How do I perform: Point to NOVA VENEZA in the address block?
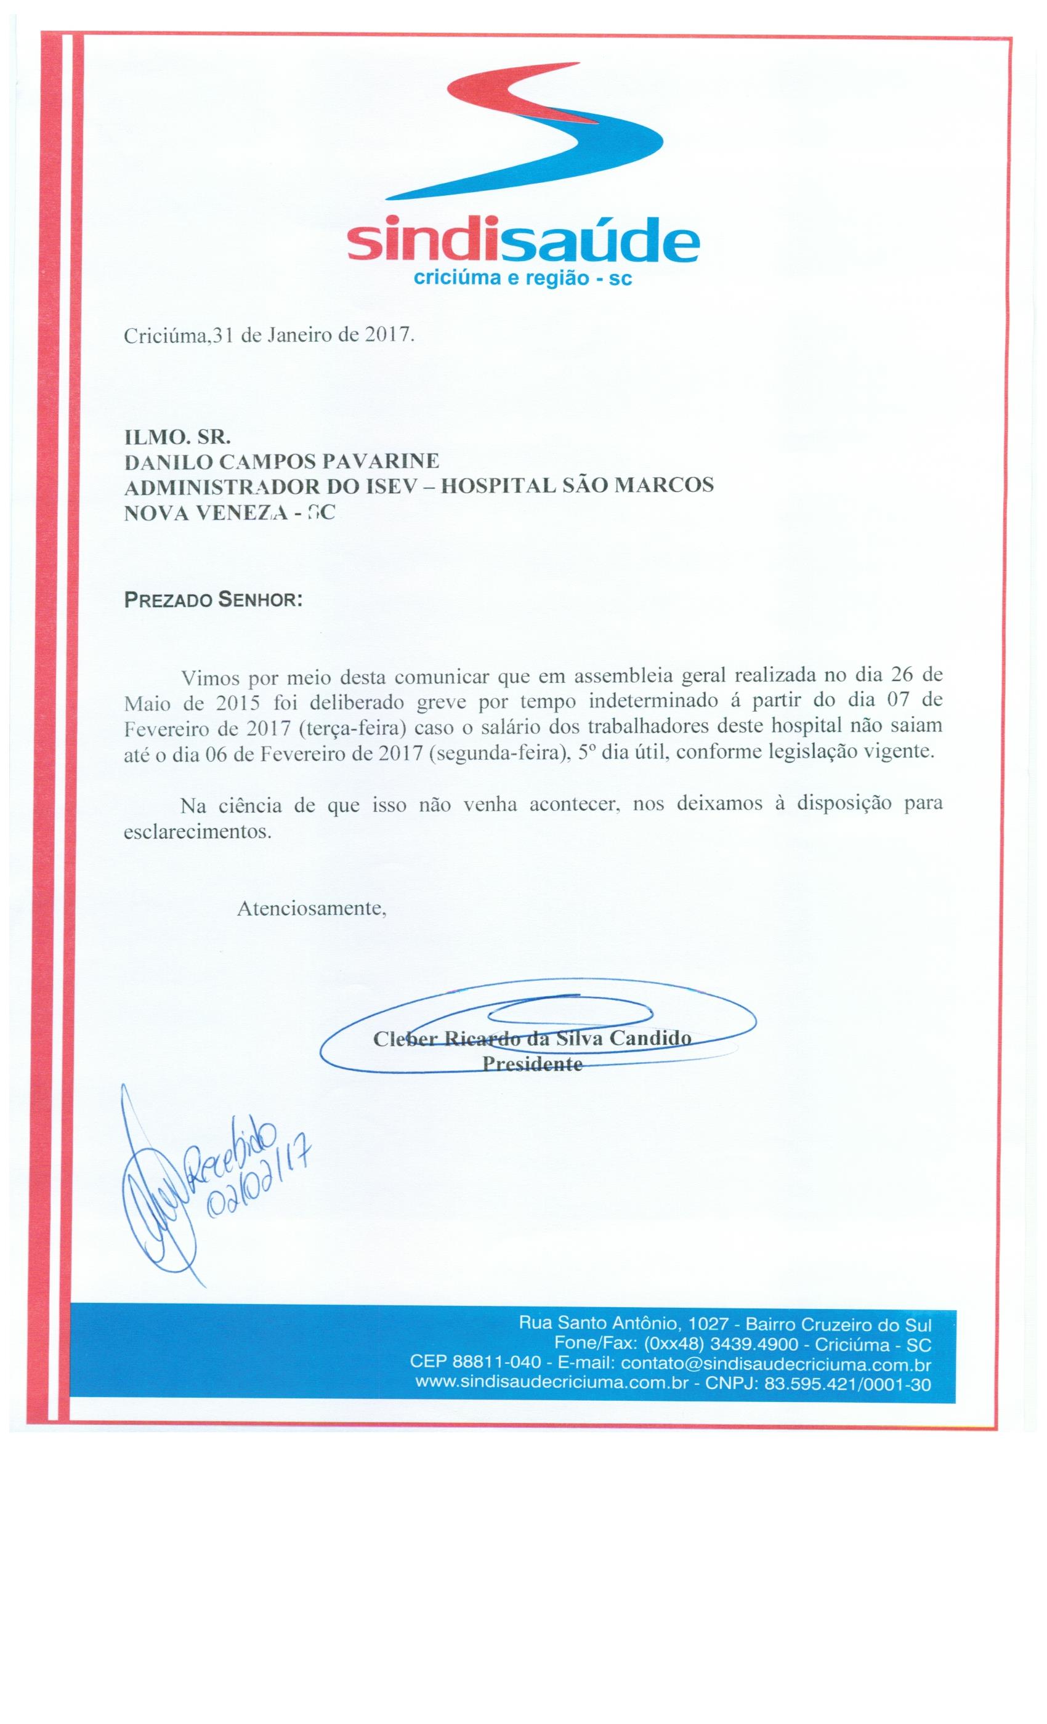pyautogui.click(x=202, y=513)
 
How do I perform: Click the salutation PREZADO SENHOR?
pyautogui.click(x=212, y=600)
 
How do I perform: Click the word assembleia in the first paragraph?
pyautogui.click(x=616, y=677)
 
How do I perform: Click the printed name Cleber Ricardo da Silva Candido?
pyautogui.click(x=532, y=1038)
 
